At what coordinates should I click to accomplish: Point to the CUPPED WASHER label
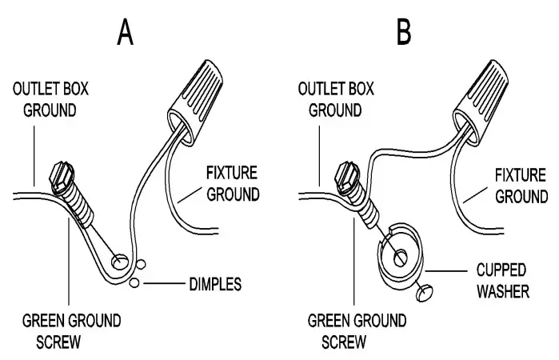(501, 281)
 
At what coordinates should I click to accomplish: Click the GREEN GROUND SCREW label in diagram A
(73, 331)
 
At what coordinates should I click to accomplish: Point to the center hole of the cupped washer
(399, 256)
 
